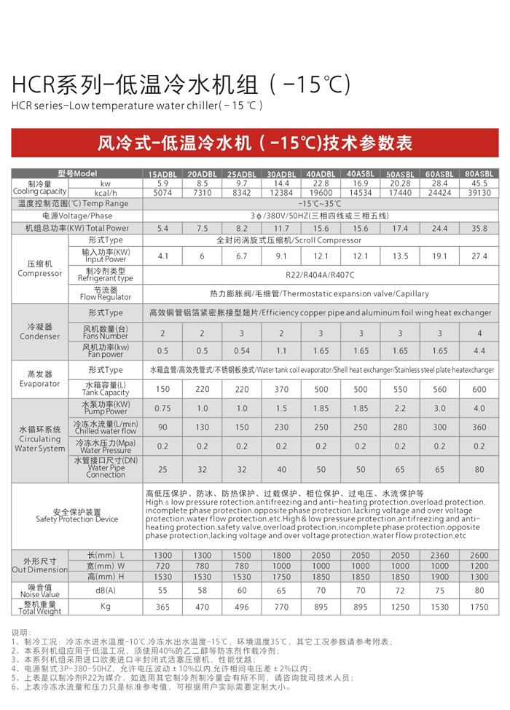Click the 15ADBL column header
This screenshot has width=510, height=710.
162,175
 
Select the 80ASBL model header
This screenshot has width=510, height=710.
479,174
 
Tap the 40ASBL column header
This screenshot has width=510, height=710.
361,174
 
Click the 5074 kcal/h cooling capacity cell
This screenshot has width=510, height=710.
162,193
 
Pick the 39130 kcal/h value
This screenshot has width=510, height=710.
479,193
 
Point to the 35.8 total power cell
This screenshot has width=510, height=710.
479,229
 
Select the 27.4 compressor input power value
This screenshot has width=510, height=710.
479,256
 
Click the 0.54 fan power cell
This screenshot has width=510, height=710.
242,351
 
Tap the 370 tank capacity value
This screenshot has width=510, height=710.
281,389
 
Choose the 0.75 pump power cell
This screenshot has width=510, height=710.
162,409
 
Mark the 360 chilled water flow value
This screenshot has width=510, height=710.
479,427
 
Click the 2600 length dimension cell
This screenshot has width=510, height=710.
479,556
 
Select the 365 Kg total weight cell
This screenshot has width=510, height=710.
162,607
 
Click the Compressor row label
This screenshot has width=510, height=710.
40,269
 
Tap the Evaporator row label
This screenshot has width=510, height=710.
40,379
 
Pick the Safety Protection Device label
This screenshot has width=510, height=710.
76,516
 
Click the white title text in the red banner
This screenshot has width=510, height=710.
255,143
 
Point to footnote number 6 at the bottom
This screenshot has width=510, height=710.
15,687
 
